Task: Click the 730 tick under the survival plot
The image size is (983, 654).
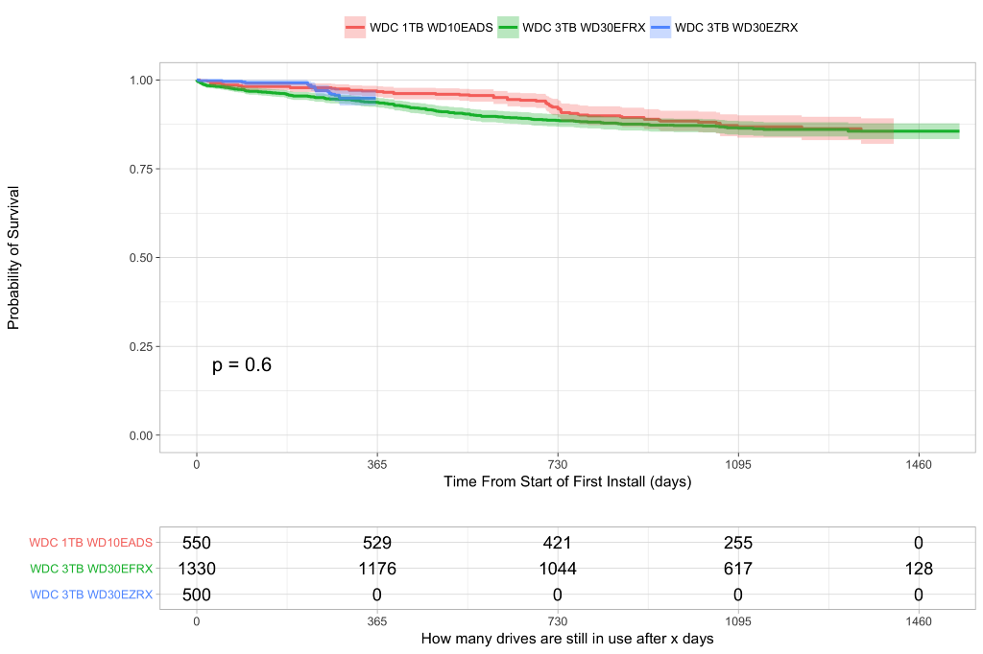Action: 558,464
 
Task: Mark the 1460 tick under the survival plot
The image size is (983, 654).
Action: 919,464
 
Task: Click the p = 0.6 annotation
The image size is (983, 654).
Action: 242,364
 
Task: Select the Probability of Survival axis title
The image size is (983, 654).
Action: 13,257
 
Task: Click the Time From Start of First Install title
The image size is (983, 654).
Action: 567,481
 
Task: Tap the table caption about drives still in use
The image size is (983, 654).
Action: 567,639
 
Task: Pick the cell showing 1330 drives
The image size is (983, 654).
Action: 197,569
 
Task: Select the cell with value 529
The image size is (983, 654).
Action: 377,543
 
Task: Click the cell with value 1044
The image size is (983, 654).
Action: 558,569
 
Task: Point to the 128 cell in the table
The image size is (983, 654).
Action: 919,569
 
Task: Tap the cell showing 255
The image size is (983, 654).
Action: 738,543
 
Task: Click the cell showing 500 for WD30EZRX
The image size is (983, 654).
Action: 197,595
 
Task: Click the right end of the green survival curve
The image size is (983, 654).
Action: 958,130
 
